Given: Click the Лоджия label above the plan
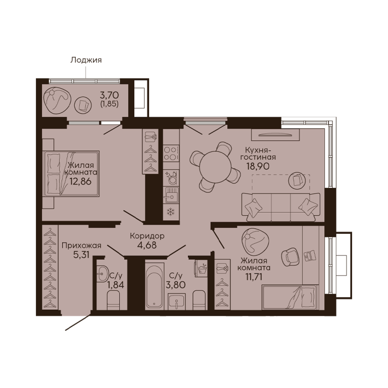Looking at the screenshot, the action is (86, 60).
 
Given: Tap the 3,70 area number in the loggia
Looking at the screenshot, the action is (109, 95).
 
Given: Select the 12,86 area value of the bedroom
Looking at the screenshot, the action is (80, 181).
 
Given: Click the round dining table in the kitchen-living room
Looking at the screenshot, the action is (215, 167).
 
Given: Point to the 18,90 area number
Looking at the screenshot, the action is (258, 166).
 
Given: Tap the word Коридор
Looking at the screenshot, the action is (147, 236).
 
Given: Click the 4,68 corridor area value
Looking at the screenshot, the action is (147, 245).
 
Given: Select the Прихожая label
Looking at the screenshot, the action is (81, 246).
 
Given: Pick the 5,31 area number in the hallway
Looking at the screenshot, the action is (81, 255).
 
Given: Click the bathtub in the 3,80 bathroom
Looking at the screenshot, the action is (155, 286).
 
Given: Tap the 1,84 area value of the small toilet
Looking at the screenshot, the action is (116, 285).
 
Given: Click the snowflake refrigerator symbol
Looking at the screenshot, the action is (171, 212).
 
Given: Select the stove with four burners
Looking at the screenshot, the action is (171, 154).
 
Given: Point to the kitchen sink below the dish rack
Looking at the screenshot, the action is (171, 195).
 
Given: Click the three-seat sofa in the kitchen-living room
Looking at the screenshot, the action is (281, 207).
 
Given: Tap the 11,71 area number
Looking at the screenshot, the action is (254, 277).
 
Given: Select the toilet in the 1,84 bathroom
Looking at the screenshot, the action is (114, 300).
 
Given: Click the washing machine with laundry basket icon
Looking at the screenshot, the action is (201, 268).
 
